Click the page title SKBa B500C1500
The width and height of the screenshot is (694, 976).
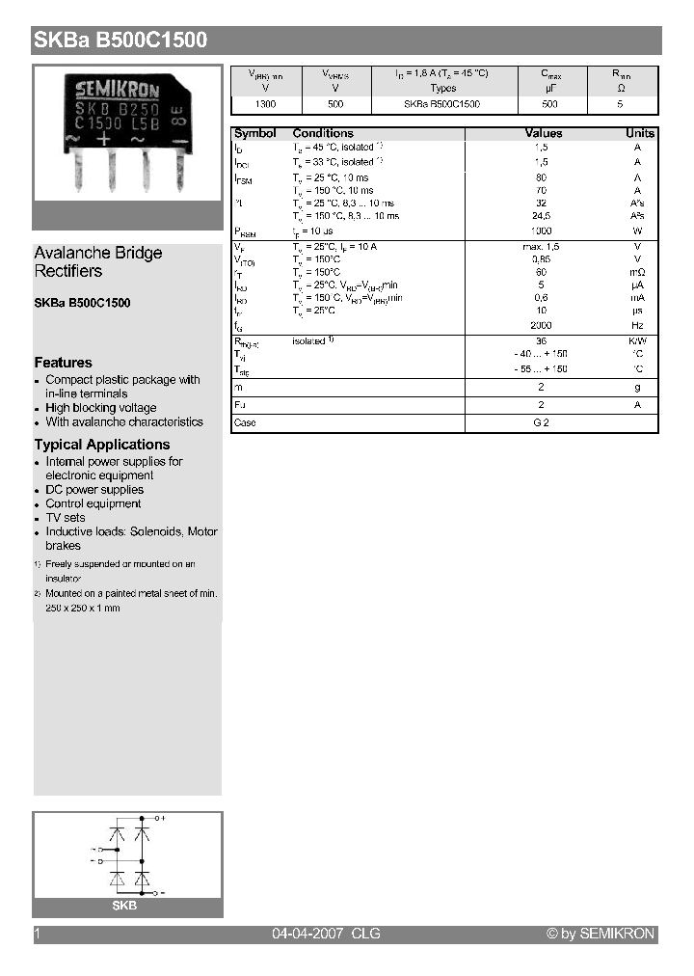click(120, 41)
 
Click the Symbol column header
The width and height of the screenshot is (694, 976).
click(254, 133)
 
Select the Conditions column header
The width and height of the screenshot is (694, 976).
click(323, 133)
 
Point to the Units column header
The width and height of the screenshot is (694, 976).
click(640, 133)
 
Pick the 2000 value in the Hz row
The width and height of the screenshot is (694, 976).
click(541, 326)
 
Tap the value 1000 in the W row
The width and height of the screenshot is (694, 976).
click(541, 231)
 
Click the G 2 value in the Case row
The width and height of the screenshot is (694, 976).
click(541, 423)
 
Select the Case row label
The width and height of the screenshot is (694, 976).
click(245, 423)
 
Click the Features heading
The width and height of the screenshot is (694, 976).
click(63, 363)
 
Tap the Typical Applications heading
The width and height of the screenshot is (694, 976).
click(101, 445)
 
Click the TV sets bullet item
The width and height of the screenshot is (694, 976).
click(66, 518)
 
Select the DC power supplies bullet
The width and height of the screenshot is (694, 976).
click(93, 490)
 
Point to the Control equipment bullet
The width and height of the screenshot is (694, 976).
click(93, 503)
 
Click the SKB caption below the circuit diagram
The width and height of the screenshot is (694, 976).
click(124, 906)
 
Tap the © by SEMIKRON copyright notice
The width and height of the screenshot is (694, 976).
click(600, 934)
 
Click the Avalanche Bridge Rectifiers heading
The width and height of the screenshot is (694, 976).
click(97, 261)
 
